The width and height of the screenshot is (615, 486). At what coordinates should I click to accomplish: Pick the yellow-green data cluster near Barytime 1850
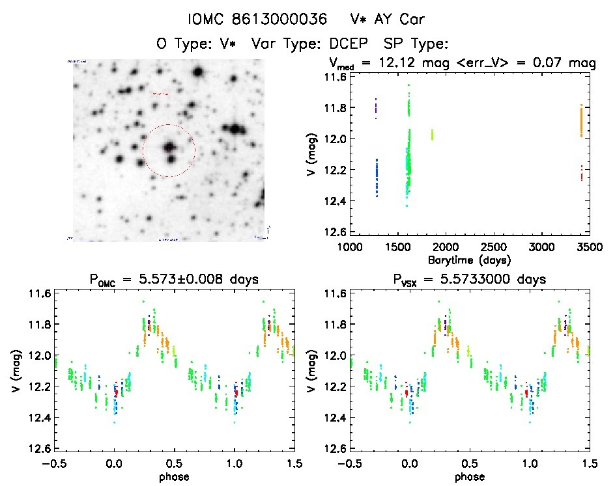[x=431, y=135]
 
